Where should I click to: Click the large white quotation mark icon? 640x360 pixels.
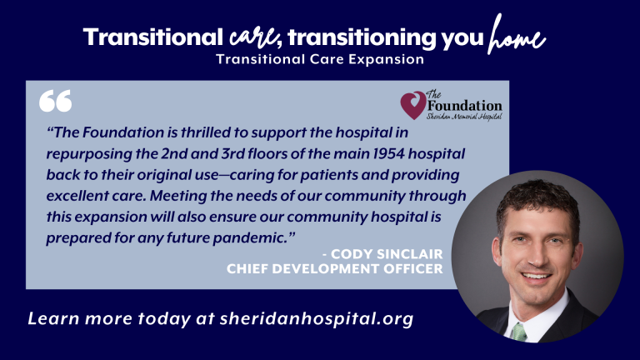[56, 101]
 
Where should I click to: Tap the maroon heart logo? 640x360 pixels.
[413, 105]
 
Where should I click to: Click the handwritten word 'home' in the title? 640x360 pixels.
[517, 36]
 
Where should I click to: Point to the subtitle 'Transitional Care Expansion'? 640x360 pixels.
[320, 59]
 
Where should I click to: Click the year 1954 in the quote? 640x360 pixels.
[389, 154]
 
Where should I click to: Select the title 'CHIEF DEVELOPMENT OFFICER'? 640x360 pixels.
[335, 268]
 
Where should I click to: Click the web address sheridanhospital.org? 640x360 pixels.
[317, 319]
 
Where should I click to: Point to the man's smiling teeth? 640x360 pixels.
[537, 277]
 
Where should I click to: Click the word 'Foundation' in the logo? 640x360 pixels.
[464, 106]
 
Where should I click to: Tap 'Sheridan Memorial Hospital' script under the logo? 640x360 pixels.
[464, 117]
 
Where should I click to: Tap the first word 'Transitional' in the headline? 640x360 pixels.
[153, 37]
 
